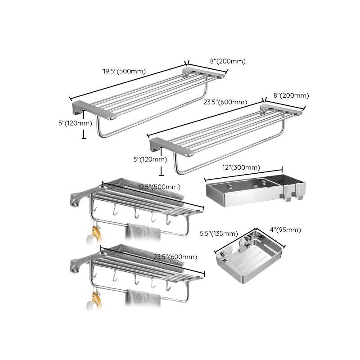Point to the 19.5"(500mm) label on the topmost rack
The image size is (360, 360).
(124, 71)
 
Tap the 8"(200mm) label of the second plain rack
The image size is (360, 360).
(291, 95)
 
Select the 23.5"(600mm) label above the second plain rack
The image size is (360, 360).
(225, 102)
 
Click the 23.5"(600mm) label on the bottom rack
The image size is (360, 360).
(175, 257)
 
